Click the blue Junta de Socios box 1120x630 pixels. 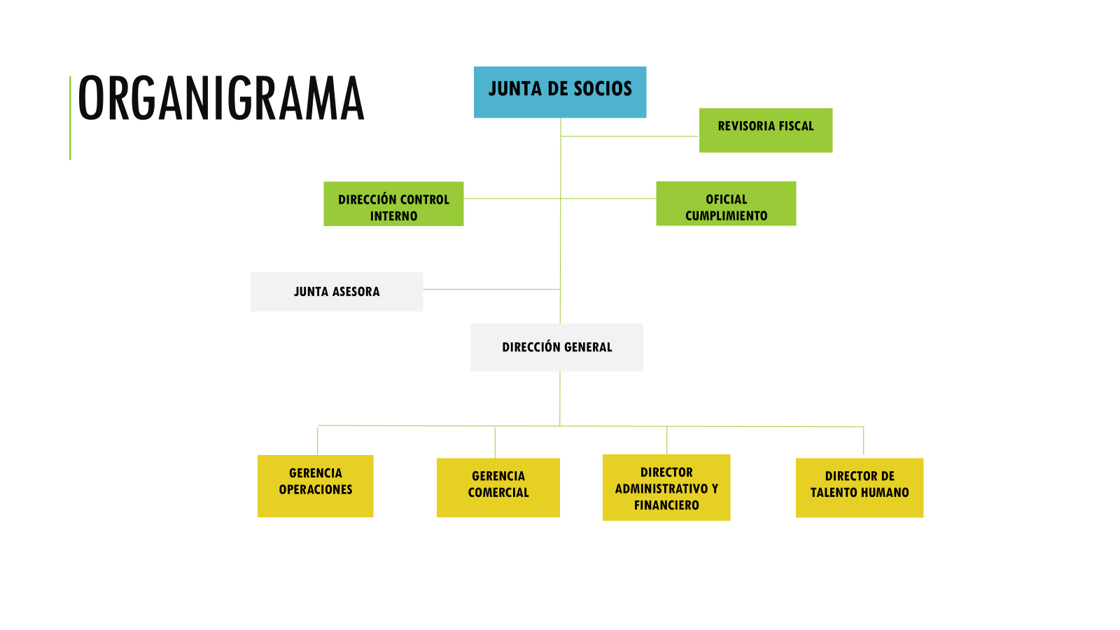click(560, 92)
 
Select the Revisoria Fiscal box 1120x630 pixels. click(766, 130)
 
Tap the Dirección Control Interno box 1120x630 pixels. click(393, 204)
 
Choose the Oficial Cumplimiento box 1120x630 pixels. click(726, 204)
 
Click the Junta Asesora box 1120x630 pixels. click(337, 292)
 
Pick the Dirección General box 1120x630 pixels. click(557, 347)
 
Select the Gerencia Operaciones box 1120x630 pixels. click(316, 486)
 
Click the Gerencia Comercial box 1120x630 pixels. click(498, 487)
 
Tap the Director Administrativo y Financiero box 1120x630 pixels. click(666, 487)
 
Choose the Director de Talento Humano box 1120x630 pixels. click(860, 487)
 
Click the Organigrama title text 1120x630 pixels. click(221, 99)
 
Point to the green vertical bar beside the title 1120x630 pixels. click(70, 118)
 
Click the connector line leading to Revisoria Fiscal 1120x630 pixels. click(629, 136)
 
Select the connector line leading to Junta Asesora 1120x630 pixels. click(491, 289)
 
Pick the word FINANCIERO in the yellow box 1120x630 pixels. click(666, 505)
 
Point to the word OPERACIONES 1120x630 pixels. click(316, 489)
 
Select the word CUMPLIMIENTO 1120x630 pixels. click(726, 216)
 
